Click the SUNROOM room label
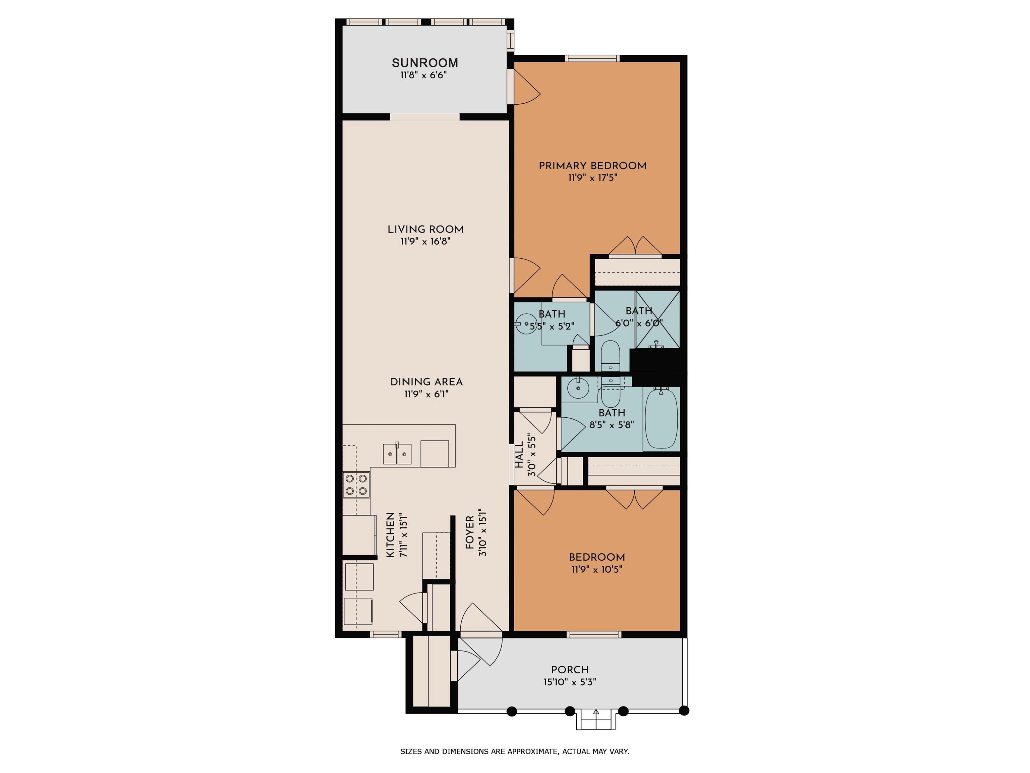[425, 63]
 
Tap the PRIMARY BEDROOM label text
[592, 166]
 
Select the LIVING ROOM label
[425, 229]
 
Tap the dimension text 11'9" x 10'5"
[597, 569]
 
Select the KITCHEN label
[391, 535]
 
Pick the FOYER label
[470, 532]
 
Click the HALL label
[519, 455]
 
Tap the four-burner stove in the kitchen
[356, 484]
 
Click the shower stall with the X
[657, 319]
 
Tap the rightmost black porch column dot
[684, 711]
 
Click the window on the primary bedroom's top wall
[592, 58]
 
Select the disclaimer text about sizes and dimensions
[515, 751]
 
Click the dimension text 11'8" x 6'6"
[424, 75]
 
